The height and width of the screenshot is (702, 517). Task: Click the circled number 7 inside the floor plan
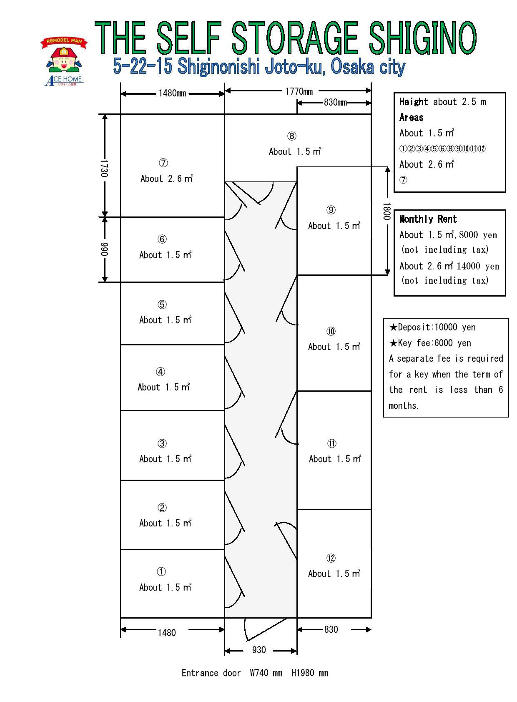point(164,163)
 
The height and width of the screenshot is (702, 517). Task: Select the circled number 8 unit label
point(291,136)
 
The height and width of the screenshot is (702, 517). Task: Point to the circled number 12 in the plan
point(331,558)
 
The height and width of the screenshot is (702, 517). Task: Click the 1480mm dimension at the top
point(172,93)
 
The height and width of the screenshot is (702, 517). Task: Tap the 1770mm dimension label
point(299,91)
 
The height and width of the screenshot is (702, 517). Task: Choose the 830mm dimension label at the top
point(335,102)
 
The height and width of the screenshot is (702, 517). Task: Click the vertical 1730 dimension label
point(104,168)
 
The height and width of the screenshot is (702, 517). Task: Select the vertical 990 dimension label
point(104,249)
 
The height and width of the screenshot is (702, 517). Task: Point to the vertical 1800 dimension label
point(387,212)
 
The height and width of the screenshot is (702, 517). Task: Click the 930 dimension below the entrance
point(258,650)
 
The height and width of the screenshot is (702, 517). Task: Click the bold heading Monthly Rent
point(428,219)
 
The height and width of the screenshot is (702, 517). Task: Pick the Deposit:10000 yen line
point(432,327)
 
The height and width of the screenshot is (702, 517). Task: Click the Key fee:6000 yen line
point(430,343)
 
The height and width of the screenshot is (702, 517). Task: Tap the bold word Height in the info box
point(414,102)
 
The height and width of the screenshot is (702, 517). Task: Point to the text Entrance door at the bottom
point(211,673)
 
